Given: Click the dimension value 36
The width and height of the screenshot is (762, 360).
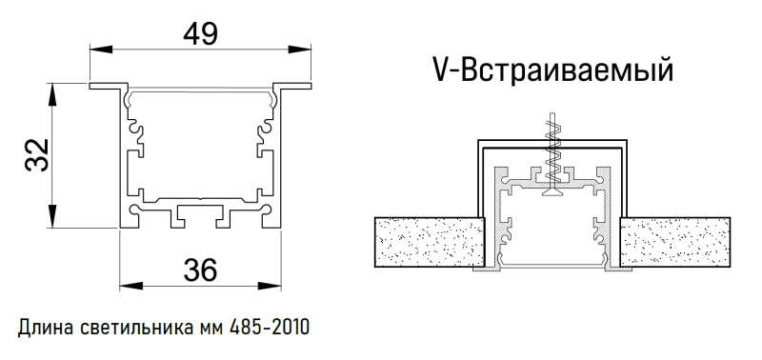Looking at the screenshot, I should coord(201,270).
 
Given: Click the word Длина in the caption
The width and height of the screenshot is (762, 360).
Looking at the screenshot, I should coord(42,328).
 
